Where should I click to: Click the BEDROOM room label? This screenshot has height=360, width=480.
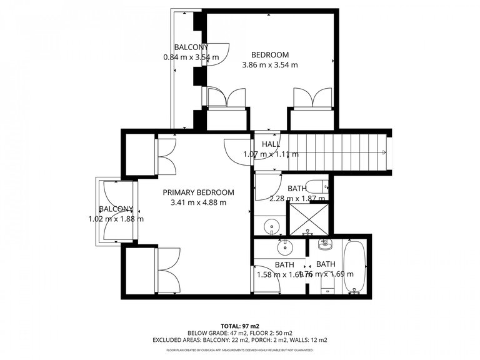point(269,54)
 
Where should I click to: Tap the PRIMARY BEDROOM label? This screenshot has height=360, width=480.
point(198,192)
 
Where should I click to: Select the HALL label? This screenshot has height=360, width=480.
point(271,144)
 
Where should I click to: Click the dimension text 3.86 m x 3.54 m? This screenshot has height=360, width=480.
point(269,64)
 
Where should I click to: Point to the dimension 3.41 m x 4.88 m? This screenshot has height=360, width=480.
point(198,202)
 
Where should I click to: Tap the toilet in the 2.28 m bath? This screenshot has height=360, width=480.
point(318,186)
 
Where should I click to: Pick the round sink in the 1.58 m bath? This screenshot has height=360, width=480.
point(284,247)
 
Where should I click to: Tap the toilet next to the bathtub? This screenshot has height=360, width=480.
point(326,286)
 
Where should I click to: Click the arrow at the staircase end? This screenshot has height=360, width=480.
point(384,152)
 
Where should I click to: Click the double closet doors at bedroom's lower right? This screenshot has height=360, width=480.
point(312,97)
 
